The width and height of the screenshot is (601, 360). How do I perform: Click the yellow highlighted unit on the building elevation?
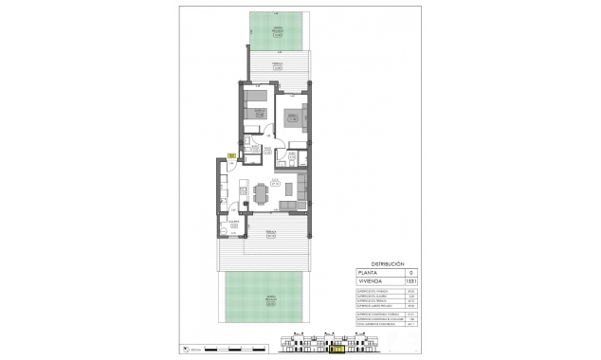point(337,349)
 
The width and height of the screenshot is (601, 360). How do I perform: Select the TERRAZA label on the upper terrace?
point(278,64)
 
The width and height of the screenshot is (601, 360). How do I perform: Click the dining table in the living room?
point(261,193)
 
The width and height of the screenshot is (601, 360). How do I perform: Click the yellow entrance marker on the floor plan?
point(230,154)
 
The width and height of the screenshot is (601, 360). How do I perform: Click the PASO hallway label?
point(267,150)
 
